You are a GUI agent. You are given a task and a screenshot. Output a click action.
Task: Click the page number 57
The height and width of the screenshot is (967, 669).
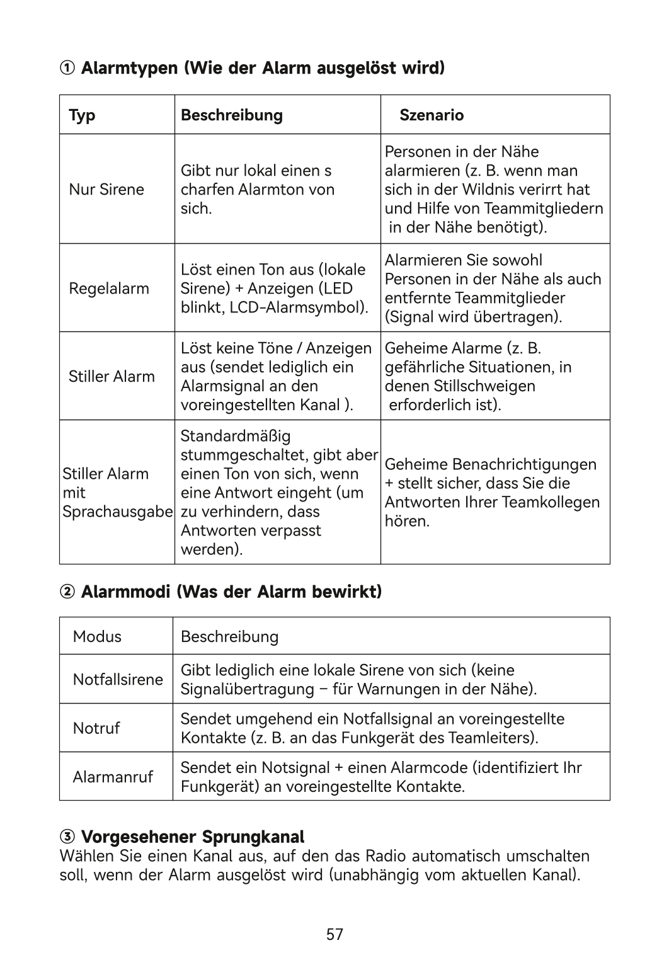point(334,934)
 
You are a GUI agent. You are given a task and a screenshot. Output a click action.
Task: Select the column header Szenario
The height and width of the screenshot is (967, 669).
point(432,115)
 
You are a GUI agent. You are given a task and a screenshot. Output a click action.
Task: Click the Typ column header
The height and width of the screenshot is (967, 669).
point(82,115)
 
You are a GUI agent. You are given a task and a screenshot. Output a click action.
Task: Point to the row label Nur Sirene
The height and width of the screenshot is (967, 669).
point(106,190)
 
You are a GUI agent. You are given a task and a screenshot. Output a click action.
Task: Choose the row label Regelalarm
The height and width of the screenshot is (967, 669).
point(109,289)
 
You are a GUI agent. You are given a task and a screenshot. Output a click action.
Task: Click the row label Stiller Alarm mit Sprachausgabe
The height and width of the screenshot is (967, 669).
point(117,493)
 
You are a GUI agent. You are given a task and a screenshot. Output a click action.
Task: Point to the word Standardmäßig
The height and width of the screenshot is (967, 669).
point(236,436)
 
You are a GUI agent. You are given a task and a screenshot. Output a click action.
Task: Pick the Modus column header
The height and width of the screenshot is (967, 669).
point(97,636)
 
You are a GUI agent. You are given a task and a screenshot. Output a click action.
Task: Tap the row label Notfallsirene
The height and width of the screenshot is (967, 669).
point(118,679)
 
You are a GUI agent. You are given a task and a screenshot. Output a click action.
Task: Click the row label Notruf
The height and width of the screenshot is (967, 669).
point(96,728)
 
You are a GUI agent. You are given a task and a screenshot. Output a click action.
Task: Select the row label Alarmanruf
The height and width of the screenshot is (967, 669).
point(113,777)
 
